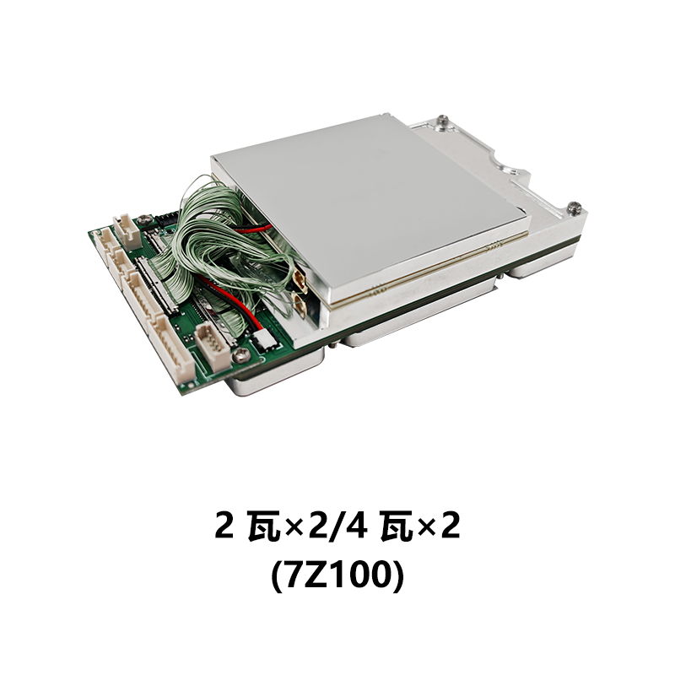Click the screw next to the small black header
click(x=146, y=219)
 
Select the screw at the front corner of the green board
click(x=240, y=355)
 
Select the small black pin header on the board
click(x=167, y=219)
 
